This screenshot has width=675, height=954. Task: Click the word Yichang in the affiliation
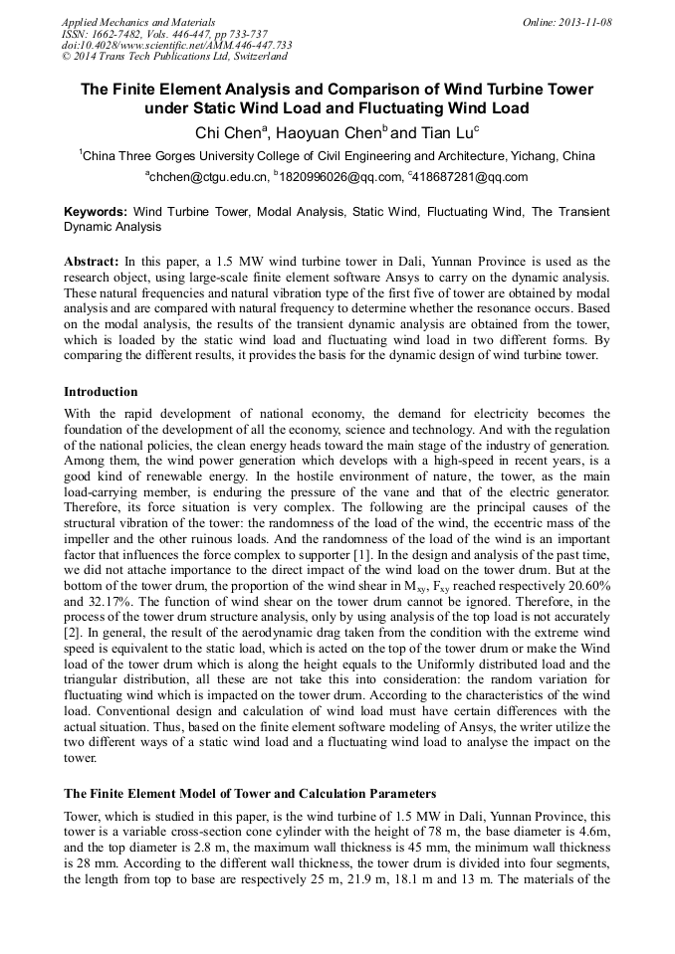pos(533,156)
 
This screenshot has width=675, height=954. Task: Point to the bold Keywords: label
pos(96,212)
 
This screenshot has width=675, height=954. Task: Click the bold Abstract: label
pos(92,259)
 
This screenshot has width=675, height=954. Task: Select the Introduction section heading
pos(101,392)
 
